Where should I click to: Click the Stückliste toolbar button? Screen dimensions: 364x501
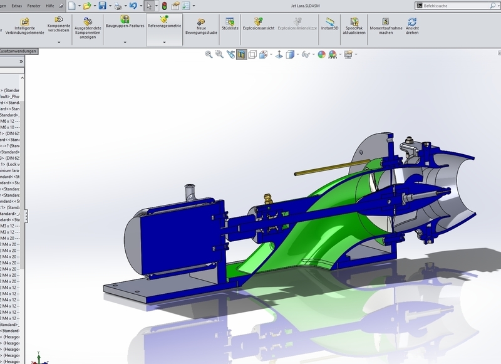click(230, 24)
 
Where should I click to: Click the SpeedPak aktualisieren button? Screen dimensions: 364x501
click(354, 26)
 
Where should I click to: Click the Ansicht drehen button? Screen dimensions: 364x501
click(412, 26)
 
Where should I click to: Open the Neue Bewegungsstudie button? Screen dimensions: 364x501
click(201, 26)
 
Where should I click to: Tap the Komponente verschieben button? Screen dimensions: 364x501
click(59, 26)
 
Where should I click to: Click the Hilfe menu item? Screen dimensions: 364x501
click(49, 5)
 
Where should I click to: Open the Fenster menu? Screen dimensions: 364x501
click(33, 5)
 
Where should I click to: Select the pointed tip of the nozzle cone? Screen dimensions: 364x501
click(447, 189)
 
